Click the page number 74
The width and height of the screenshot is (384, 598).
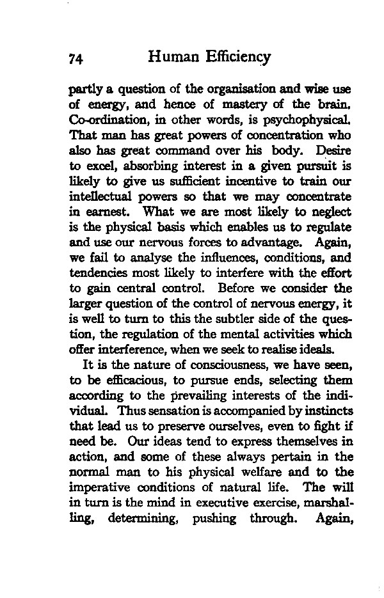point(77,58)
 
